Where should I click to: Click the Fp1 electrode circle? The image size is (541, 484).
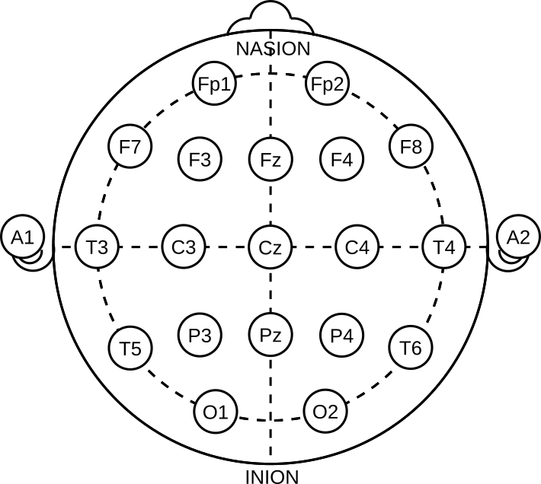coord(213,84)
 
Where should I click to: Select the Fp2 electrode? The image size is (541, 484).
coord(328,84)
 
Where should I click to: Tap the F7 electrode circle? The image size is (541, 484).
coord(130,147)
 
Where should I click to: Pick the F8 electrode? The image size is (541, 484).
coord(411,147)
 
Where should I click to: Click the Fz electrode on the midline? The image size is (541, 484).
coord(270,160)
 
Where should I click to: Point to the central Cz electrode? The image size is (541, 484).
coord(270,247)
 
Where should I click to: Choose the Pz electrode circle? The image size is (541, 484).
coord(270,335)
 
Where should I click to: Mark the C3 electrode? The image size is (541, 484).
coord(184,247)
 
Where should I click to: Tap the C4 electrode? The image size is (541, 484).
coord(357,247)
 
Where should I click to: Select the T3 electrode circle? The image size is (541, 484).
coord(97,247)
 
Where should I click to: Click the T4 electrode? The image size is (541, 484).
coord(444,247)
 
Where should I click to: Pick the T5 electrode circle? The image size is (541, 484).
coord(130,349)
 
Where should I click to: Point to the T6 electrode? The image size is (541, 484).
coord(411,348)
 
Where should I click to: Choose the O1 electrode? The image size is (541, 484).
coord(216,412)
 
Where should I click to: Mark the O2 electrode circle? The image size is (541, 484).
coord(325,412)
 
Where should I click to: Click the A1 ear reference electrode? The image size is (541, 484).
coord(22,237)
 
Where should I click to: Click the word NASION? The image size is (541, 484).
coord(273,49)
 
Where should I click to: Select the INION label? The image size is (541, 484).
coord(272,477)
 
